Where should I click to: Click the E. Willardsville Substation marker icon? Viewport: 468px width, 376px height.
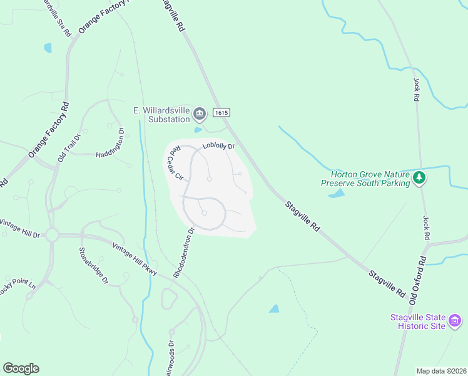(x=200, y=114)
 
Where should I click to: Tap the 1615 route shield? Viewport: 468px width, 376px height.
(x=221, y=113)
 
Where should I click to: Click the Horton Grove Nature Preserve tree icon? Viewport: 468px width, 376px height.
(x=419, y=179)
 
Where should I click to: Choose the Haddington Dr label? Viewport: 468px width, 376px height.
(x=110, y=144)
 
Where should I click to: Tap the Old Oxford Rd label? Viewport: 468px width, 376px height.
(x=417, y=278)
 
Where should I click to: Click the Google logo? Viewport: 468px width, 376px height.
(x=21, y=368)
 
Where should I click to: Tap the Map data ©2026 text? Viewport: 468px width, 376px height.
(x=441, y=371)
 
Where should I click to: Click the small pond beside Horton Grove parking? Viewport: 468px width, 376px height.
(x=336, y=194)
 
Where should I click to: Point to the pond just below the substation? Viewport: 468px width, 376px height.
(x=198, y=130)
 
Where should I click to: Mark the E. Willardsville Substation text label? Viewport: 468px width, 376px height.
(x=161, y=115)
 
